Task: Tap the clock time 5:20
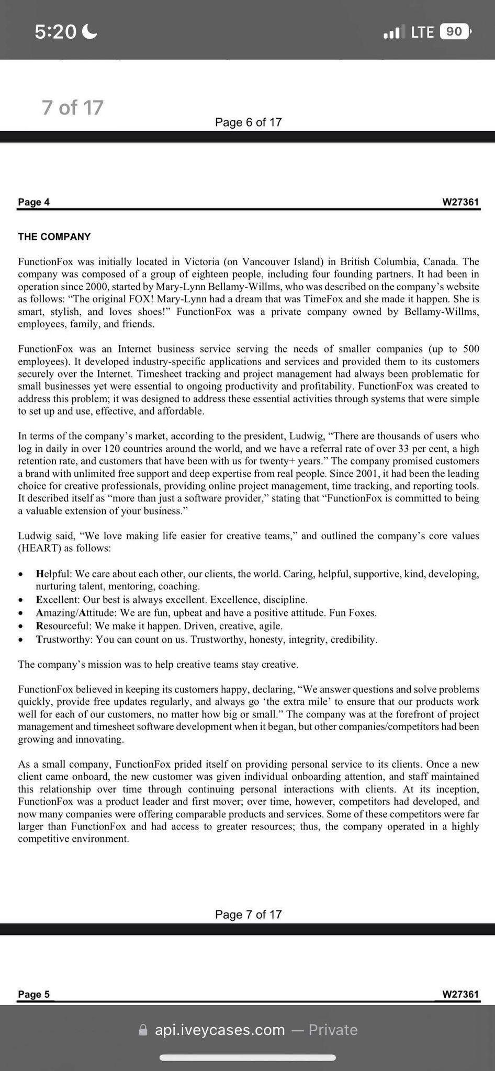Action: coord(55,32)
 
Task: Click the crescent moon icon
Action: coord(90,32)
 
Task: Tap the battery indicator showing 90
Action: coord(454,32)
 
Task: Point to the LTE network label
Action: coord(422,32)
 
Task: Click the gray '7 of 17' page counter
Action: coord(73,108)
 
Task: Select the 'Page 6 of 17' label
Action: coord(248,122)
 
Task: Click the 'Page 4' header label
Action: coord(33,202)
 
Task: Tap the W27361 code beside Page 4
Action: coord(460,202)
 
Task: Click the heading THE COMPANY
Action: coord(54,237)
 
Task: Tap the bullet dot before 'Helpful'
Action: coord(20,575)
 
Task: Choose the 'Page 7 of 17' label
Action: coord(248,915)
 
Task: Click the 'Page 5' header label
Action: coord(33,994)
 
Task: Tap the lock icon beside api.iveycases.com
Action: coord(143,1030)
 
